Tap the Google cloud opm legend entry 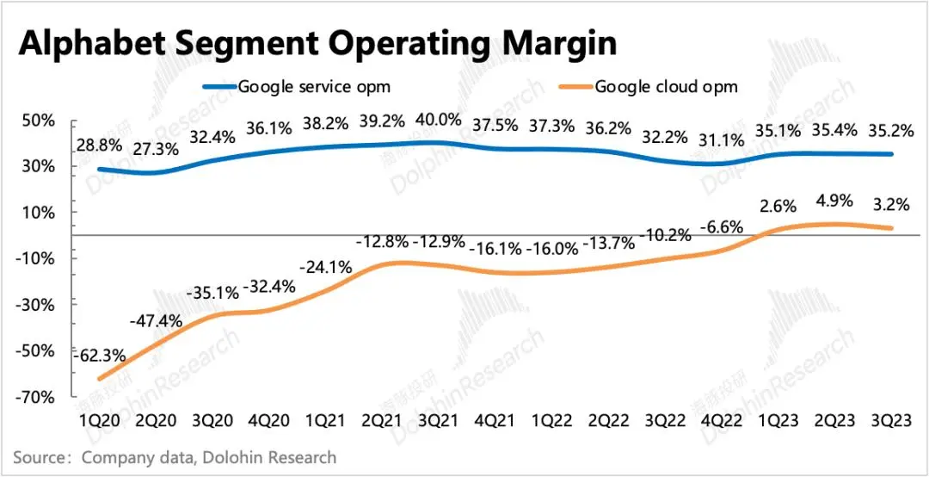click(666, 86)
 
